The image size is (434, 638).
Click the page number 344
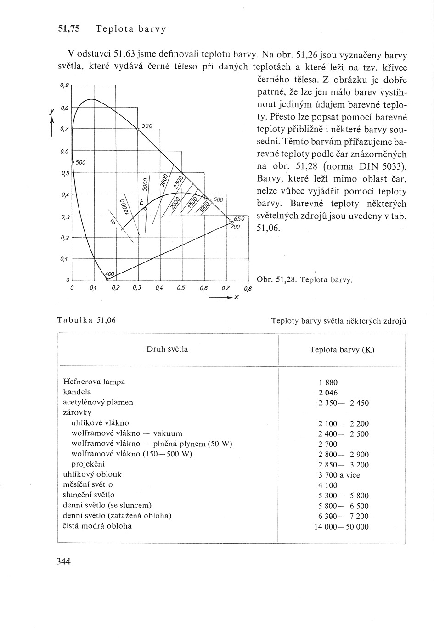[x=63, y=561]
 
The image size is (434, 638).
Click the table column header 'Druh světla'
[x=167, y=349]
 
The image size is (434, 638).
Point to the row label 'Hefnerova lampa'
[x=94, y=382]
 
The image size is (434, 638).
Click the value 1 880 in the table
[x=327, y=382]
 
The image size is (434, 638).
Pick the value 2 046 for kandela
[x=327, y=393]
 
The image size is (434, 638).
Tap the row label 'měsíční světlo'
[x=88, y=484]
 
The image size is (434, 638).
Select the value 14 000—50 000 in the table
[x=341, y=527]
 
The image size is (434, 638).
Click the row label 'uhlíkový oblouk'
[x=92, y=474]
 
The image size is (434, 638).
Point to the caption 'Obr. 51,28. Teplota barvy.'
[x=305, y=279]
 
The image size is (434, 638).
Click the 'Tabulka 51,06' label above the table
[x=86, y=320]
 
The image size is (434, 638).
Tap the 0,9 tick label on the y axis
[x=64, y=85]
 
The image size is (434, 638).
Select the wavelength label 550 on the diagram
[x=147, y=125]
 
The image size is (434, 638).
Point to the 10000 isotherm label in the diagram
[x=123, y=206]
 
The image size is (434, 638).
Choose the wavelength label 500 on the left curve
[x=81, y=162]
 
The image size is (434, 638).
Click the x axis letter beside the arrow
[x=236, y=297]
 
